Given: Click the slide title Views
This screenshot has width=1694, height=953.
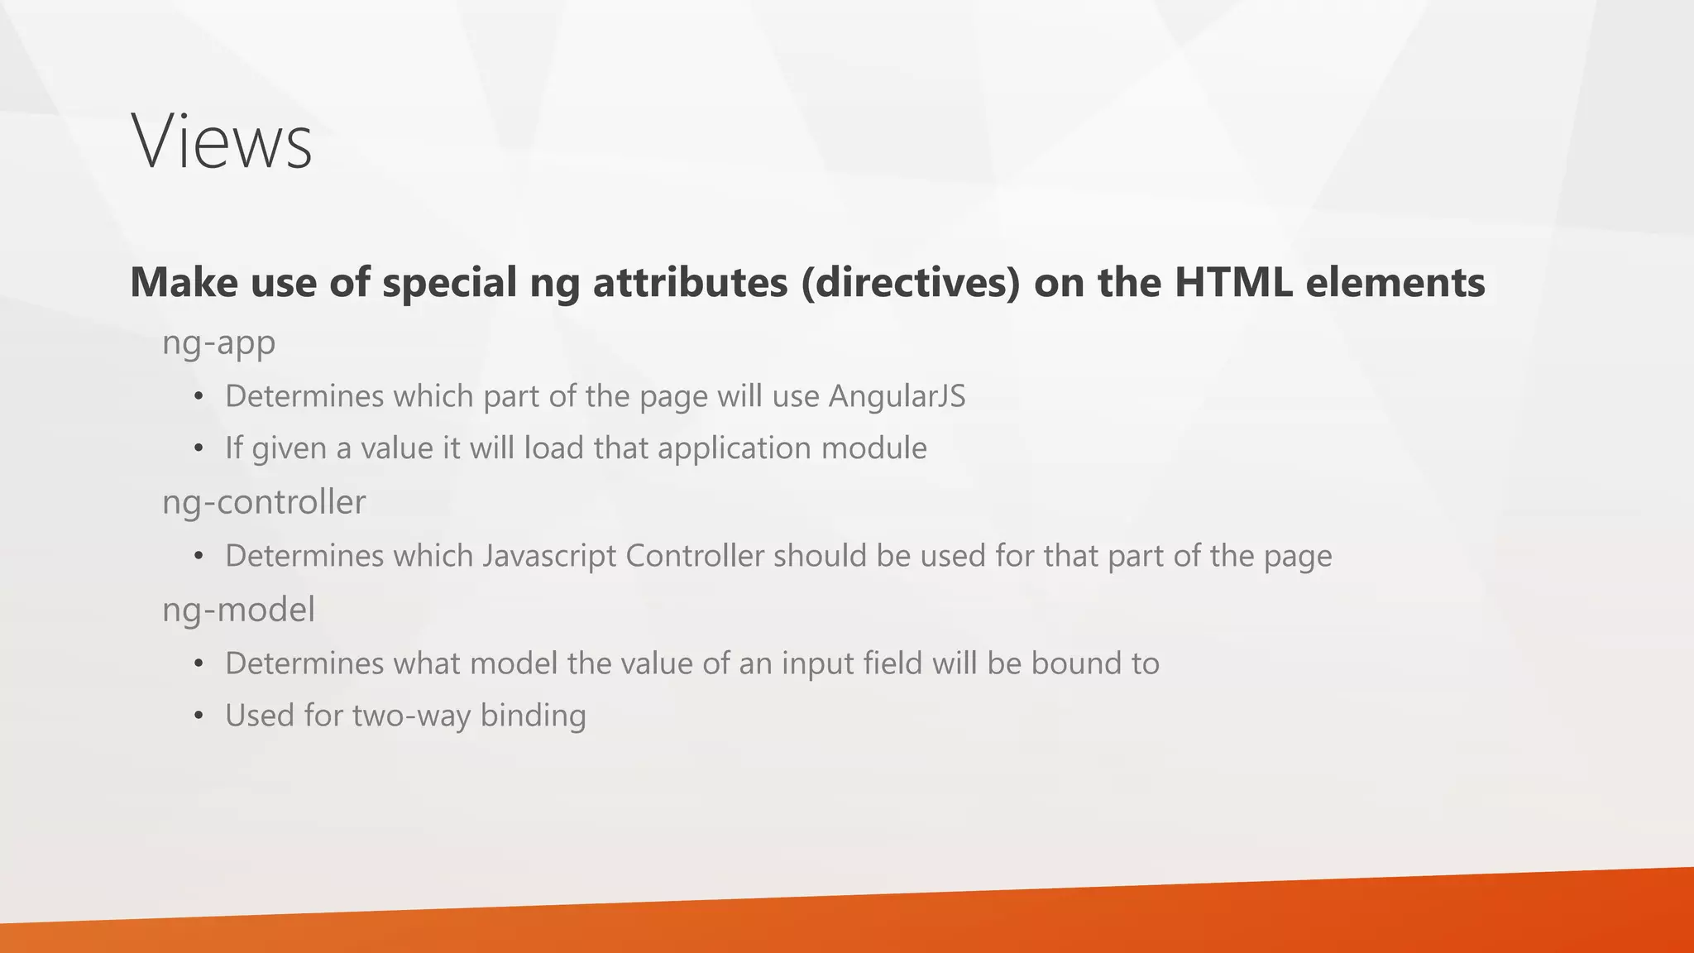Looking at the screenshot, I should [x=222, y=142].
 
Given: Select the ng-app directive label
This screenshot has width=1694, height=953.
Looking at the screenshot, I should [x=218, y=342].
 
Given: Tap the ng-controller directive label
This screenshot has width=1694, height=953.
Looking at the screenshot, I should [x=264, y=502].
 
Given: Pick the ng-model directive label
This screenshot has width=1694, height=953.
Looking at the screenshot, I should [x=238, y=610].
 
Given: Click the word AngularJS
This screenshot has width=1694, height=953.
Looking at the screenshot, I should [x=897, y=396].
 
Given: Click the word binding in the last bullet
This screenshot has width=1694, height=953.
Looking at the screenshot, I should [x=533, y=716].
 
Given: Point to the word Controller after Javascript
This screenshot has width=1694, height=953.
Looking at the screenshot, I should [x=695, y=556].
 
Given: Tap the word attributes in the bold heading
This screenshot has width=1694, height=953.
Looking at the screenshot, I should [x=690, y=282].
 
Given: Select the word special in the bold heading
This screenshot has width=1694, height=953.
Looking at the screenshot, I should [x=449, y=282].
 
